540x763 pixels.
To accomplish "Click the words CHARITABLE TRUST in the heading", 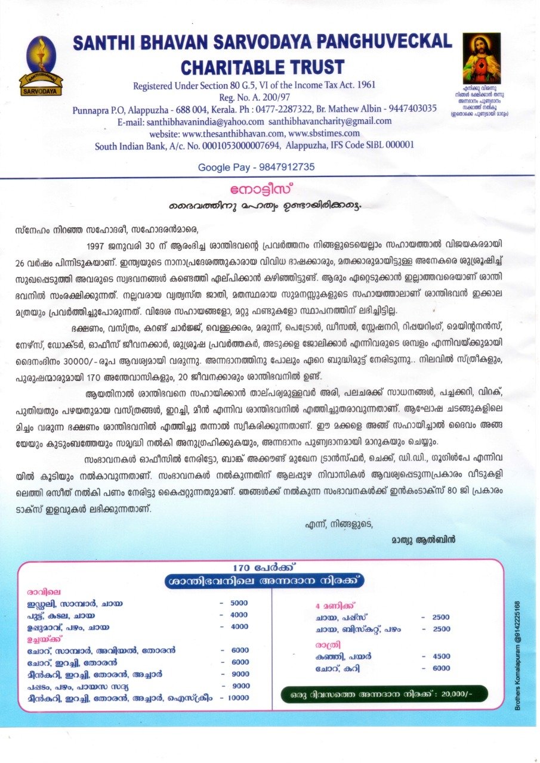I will coord(263,66).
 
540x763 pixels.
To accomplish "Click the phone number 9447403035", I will coord(404,108).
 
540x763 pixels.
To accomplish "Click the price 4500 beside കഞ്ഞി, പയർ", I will coord(441,656).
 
